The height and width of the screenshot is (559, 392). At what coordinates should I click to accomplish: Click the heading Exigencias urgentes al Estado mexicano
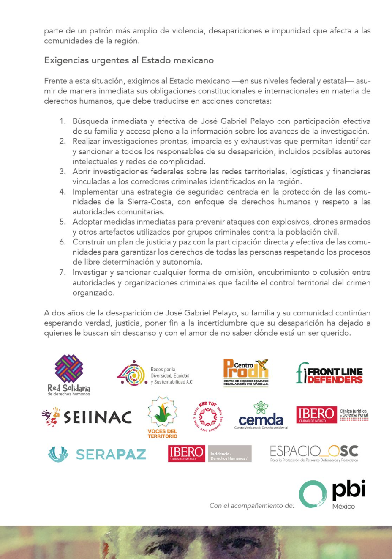[x=129, y=60]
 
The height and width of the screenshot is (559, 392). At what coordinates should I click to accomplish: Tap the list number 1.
[x=63, y=121]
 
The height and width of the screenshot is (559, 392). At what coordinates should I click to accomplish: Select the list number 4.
[x=63, y=192]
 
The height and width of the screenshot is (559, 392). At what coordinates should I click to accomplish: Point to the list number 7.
[x=63, y=272]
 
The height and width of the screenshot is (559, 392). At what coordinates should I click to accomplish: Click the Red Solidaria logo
[x=69, y=375]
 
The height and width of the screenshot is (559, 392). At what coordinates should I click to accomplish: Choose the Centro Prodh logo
[x=246, y=373]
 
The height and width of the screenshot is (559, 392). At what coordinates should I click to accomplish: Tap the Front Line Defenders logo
[x=329, y=373]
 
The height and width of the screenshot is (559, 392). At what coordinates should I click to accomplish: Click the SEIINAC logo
[x=87, y=417]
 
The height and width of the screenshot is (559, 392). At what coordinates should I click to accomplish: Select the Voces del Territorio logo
[x=163, y=417]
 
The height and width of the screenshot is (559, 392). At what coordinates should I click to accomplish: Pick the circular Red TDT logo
[x=208, y=417]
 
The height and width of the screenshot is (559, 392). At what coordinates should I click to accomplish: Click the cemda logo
[x=261, y=416]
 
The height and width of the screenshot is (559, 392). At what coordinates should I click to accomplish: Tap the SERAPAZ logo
[x=97, y=454]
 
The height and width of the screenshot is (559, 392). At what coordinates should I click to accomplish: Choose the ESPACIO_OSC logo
[x=314, y=453]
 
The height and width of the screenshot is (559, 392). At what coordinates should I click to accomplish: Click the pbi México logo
[x=332, y=494]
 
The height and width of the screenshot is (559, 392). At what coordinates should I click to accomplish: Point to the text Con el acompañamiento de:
[x=252, y=505]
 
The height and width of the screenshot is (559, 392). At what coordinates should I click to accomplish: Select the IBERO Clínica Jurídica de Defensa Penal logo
[x=332, y=414]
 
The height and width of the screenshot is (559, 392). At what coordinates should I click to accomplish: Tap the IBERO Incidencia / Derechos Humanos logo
[x=210, y=453]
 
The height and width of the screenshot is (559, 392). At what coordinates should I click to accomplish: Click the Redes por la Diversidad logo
[x=155, y=374]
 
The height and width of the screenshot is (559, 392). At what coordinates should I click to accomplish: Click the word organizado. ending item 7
[x=93, y=293]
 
